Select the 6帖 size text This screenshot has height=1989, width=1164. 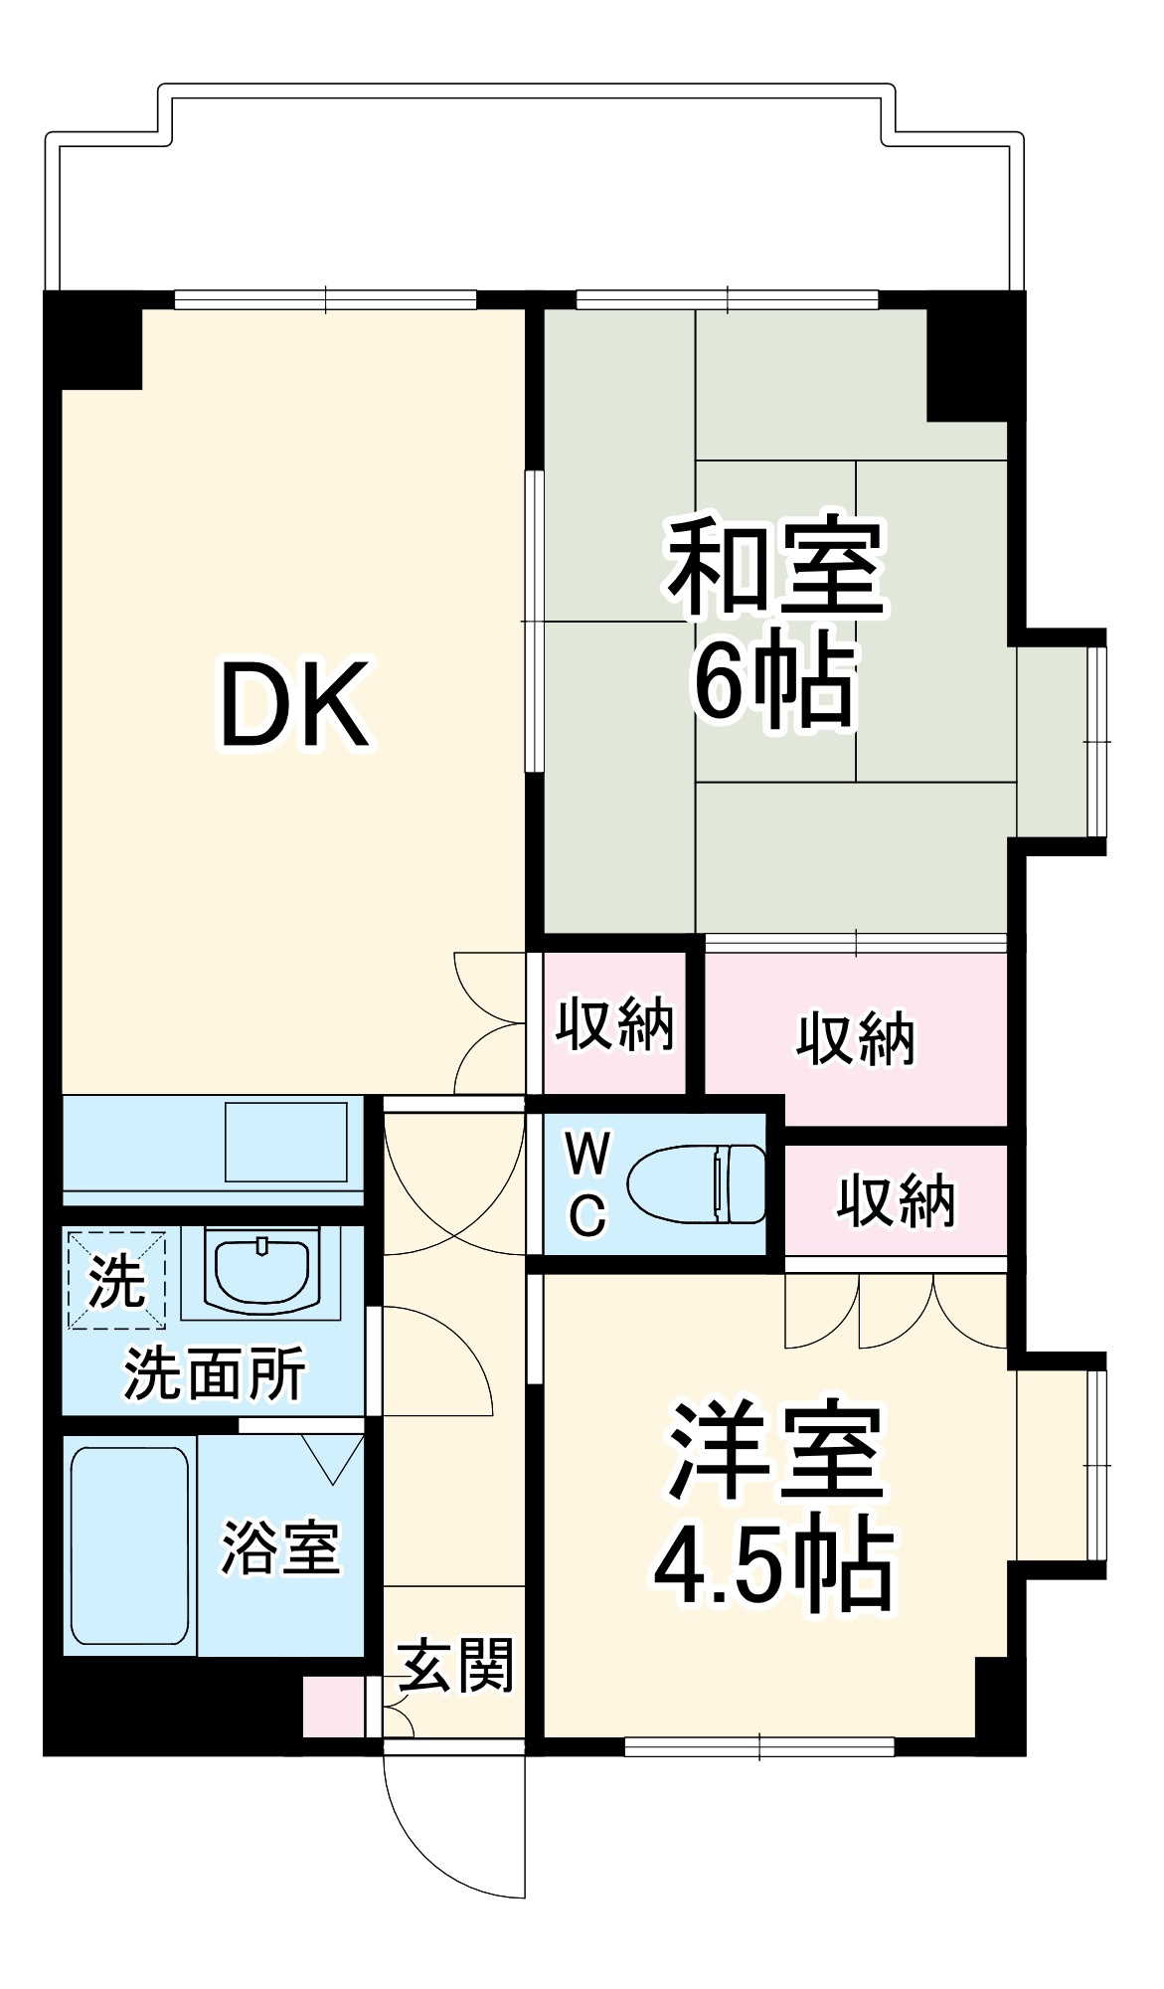(x=773, y=683)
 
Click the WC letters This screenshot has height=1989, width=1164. (x=587, y=1184)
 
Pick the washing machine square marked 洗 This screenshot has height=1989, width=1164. (x=116, y=1281)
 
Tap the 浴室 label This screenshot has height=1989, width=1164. (x=280, y=1547)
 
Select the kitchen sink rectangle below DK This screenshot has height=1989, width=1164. (x=285, y=1141)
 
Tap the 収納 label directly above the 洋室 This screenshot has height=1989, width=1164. (x=896, y=1200)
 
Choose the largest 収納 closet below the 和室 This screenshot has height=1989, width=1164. (x=856, y=1040)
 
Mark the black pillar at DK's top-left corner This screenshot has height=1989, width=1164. (x=93, y=341)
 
